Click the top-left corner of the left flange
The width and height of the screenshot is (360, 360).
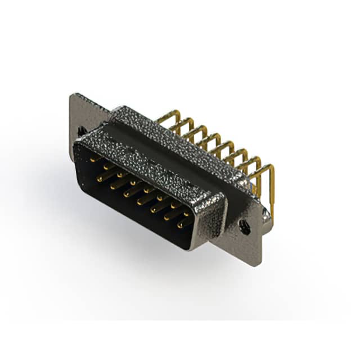point(72,96)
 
